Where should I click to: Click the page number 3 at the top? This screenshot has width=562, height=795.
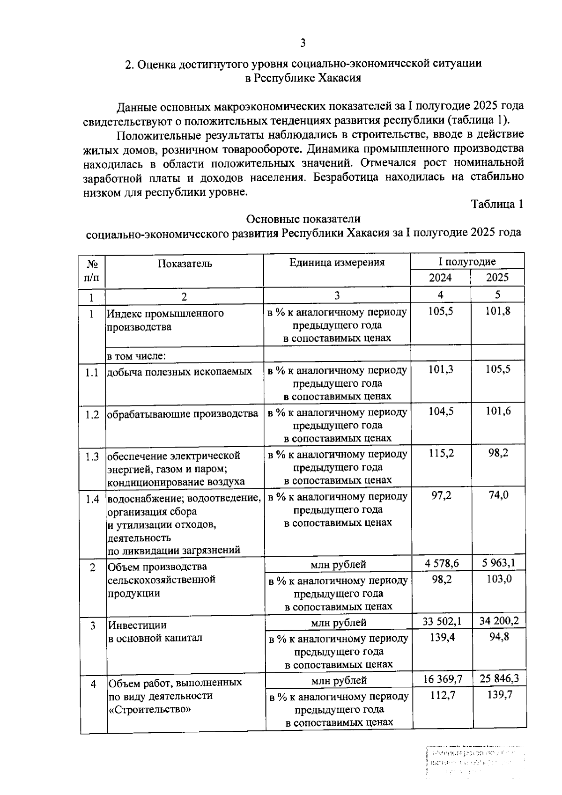303,43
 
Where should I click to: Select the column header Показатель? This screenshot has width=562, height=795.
185,264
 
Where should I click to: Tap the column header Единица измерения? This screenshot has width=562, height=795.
337,262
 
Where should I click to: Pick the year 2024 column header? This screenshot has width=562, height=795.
440,278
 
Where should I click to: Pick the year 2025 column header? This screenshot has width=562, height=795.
497,278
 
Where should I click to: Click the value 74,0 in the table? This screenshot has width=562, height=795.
498,495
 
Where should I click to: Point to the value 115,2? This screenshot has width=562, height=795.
441,453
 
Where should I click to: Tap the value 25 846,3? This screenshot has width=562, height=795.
499,678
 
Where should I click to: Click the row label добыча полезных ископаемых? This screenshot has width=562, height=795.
179,372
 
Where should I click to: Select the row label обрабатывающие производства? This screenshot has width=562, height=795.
183,414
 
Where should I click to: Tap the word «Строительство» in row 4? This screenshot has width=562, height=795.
150,709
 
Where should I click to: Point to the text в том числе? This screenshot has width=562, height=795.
137,356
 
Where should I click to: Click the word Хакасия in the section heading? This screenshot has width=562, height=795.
340,78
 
